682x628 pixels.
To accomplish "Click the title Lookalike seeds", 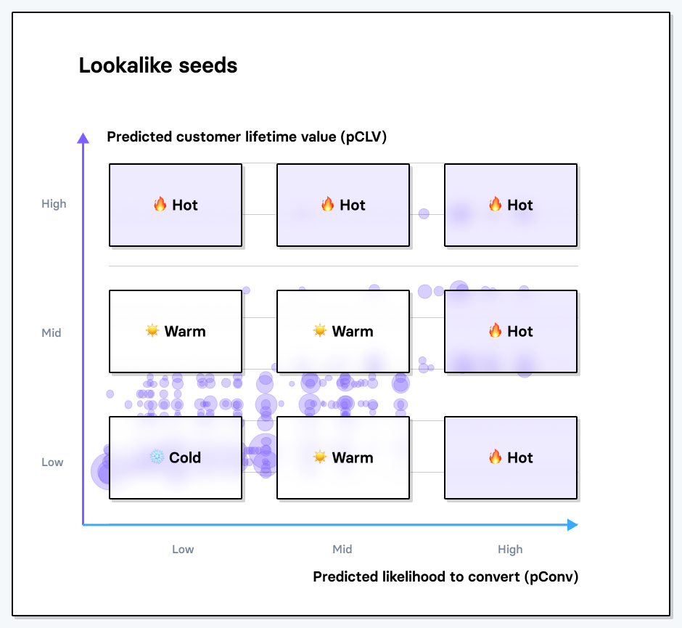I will point(158,66).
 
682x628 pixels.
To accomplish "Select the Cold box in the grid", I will point(176,457).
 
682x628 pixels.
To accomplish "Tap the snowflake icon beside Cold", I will point(157,457).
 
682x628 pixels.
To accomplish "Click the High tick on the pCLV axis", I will point(54,204).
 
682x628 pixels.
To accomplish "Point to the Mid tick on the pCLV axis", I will point(52,333).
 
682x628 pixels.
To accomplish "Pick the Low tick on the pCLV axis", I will point(52,462).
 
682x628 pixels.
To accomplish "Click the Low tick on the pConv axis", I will point(183,550).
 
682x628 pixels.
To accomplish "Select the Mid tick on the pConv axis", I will point(342,550).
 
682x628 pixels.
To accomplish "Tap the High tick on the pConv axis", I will point(510,550).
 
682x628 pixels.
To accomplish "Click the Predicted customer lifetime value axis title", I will point(247,136).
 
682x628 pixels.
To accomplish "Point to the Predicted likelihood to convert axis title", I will point(445,576).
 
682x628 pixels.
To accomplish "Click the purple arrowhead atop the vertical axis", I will point(83,138).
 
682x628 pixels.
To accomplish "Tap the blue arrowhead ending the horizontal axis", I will point(572,525).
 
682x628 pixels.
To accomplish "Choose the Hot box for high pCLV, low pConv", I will point(176,205).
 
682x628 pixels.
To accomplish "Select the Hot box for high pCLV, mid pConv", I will point(343,205).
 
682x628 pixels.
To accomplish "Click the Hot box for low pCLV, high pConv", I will point(511,457).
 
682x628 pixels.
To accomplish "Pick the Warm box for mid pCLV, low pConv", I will point(176,331).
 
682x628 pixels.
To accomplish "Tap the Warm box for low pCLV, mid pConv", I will point(343,457).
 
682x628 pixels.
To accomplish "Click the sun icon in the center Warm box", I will point(320,331).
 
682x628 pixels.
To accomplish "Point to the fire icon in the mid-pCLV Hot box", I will point(496,331).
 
